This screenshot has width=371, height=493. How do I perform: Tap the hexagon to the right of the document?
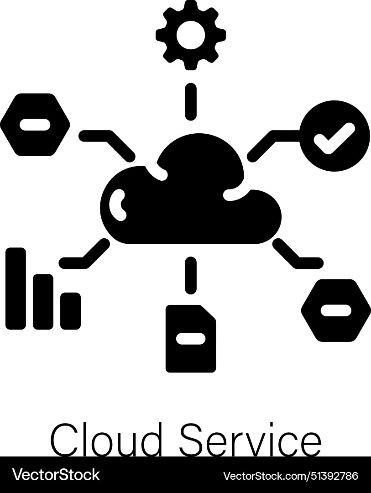coord(336,310)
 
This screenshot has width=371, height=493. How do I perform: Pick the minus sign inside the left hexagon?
coord(35,125)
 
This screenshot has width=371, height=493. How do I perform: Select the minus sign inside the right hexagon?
coord(336,310)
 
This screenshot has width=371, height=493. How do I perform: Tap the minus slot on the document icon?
coord(190,338)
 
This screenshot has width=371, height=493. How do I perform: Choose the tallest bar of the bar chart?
coord(16,288)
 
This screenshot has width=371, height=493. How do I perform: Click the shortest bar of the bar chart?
coord(70,310)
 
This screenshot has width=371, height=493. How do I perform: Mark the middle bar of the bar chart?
coord(43,301)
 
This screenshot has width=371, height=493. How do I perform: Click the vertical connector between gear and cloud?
coord(191,101)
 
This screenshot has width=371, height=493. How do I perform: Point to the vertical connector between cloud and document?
coord(191,274)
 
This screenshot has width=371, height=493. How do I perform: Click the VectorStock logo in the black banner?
coord(56,475)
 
